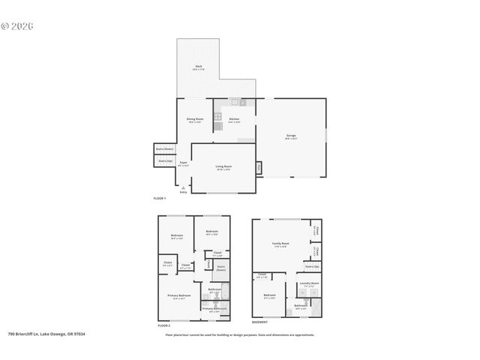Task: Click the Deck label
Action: coord(199,67)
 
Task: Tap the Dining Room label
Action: coord(195,119)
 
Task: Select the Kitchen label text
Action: coord(234,119)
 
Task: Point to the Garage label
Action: coord(291,136)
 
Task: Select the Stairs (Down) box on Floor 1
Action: coord(164,149)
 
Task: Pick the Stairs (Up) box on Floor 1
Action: coord(165,160)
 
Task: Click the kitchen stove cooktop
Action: coord(218,117)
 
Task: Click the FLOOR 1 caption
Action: coord(159,198)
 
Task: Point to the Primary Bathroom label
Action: coord(214,307)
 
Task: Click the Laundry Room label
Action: coord(309,283)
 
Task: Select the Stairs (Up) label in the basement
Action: coord(311,266)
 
